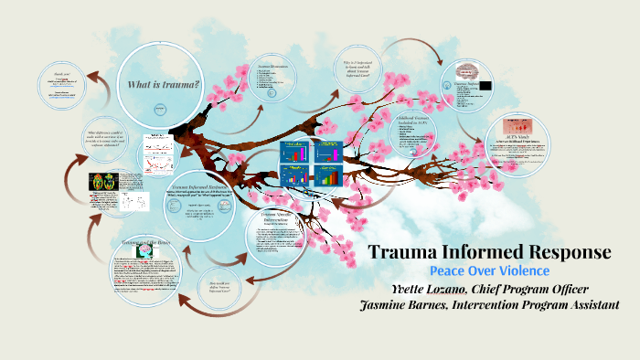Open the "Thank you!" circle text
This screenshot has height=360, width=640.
61,73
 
